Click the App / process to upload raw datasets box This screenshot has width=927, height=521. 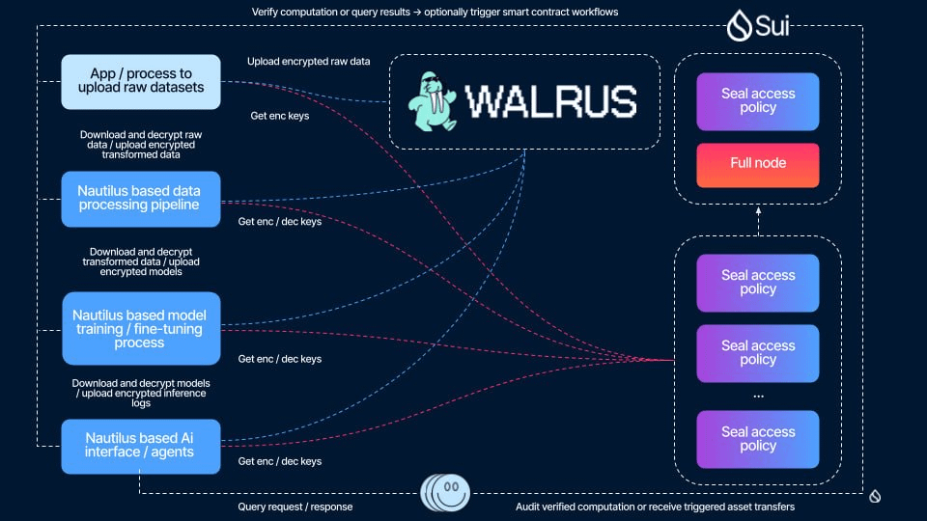pos(141,81)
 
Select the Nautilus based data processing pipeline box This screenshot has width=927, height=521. pos(141,199)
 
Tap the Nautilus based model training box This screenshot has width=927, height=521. pos(141,328)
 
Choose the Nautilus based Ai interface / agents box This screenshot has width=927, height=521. pos(141,446)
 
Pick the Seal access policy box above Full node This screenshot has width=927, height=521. pos(758,101)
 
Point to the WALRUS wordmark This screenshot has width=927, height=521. pos(551,101)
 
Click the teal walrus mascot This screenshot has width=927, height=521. pos(433,101)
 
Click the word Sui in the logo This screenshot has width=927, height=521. pos(772,26)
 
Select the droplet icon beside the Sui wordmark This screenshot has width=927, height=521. pos(739,25)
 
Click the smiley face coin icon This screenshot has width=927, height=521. pos(445,492)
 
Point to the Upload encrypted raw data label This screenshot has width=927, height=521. pos(309,62)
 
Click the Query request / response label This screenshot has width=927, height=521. pos(295,507)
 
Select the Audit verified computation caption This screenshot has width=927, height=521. pos(655,507)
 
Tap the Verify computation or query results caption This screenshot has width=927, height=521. pos(435,12)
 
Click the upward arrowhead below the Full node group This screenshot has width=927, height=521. pos(759,210)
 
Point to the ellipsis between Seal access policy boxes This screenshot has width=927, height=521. pos(759,396)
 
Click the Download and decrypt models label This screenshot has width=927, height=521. pos(141,393)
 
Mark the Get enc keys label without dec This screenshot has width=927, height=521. pos(280,116)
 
